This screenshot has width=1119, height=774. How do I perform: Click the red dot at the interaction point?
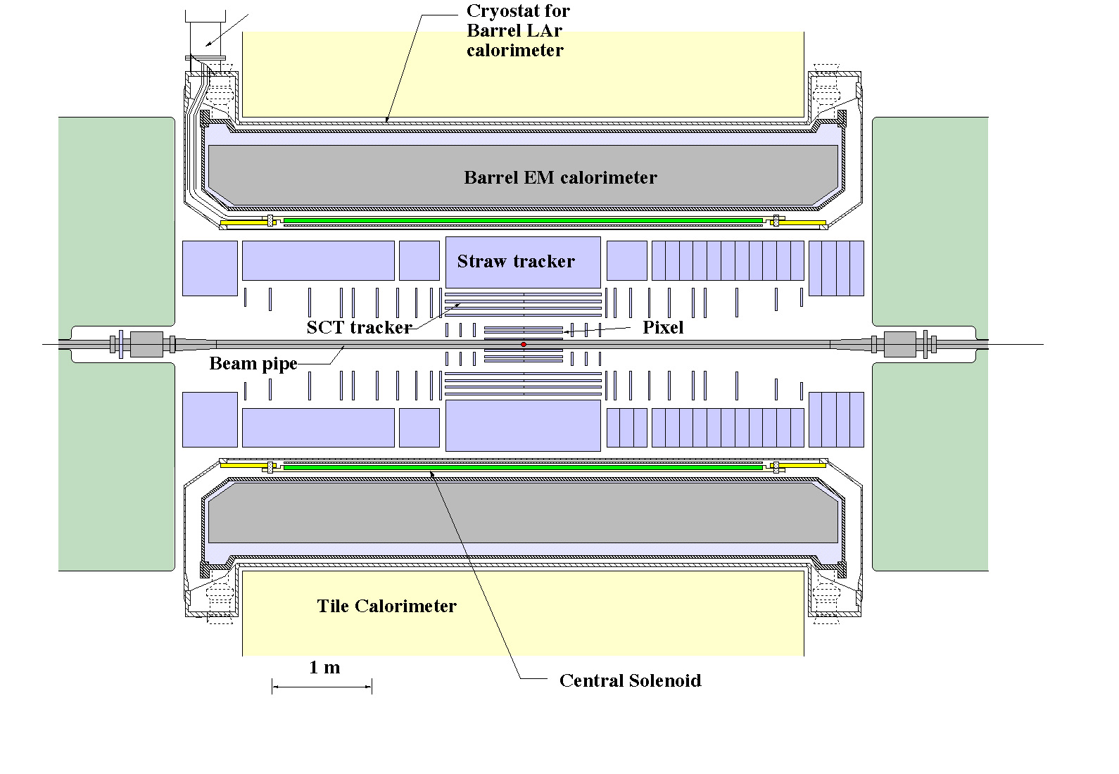tap(524, 344)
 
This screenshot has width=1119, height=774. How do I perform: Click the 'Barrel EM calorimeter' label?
tap(560, 177)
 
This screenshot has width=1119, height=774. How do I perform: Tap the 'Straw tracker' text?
tap(516, 262)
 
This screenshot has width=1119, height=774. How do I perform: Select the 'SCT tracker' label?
tap(359, 327)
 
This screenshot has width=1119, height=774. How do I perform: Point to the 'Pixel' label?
tap(663, 327)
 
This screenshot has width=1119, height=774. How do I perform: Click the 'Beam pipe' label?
tap(253, 364)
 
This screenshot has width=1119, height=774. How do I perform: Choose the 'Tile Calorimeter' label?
tap(386, 606)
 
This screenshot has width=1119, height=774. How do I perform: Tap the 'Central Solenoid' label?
tap(630, 680)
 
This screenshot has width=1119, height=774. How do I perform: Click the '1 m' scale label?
tap(324, 668)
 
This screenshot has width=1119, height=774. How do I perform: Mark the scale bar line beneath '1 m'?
tap(322, 687)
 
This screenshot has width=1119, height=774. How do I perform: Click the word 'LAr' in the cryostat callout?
tap(545, 31)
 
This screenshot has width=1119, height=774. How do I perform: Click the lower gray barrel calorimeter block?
tap(523, 512)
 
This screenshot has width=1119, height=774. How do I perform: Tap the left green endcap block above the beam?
tap(116, 220)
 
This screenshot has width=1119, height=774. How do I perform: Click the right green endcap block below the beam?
tap(929, 466)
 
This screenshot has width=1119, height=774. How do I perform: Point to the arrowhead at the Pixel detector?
tap(567, 331)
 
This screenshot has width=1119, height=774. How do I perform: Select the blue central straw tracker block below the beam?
tap(523, 425)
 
